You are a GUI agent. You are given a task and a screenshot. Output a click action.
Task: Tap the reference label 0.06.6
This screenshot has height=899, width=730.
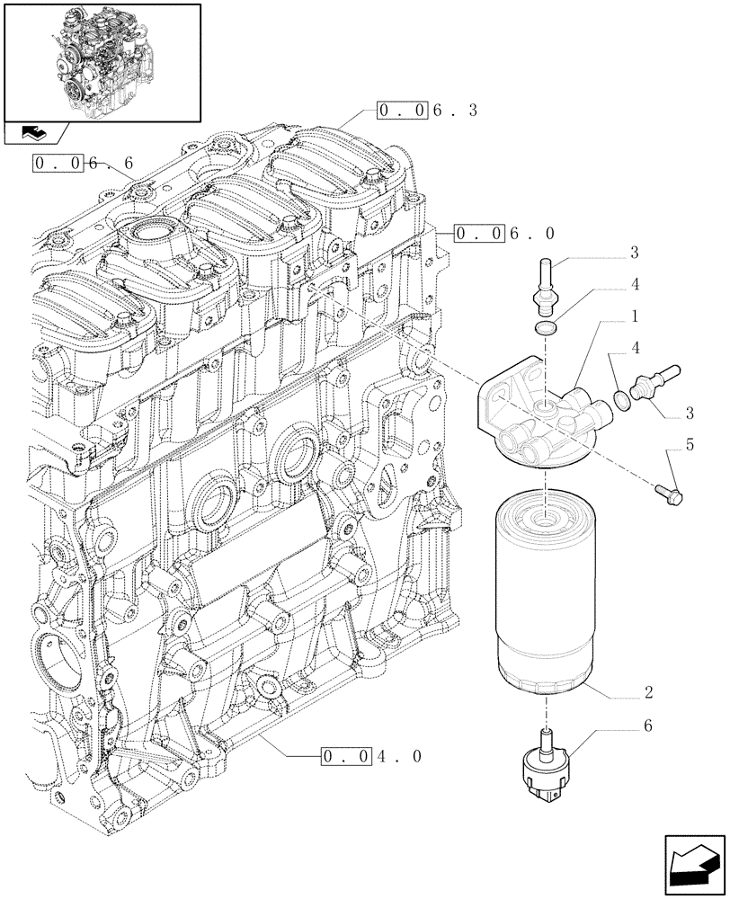[82, 163]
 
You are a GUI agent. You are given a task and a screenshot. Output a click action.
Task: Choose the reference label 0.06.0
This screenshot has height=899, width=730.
[504, 233]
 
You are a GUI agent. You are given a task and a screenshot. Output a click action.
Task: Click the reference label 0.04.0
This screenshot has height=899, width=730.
[369, 757]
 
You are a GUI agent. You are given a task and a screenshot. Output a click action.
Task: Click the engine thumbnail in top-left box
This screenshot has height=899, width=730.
[101, 60]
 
